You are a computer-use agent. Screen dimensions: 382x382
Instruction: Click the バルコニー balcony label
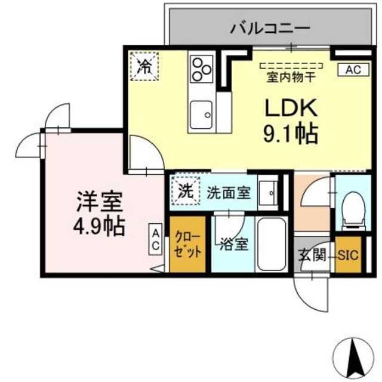click(270, 27)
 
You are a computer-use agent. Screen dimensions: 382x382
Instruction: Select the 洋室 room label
click(99, 203)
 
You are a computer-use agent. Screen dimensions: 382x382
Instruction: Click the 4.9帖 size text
click(99, 227)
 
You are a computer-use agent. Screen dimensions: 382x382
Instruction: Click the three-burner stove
click(202, 69)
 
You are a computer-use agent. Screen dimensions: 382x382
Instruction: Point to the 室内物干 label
click(289, 76)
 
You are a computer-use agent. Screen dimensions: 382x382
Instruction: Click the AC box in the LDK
click(352, 70)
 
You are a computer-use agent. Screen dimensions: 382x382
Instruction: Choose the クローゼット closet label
click(188, 245)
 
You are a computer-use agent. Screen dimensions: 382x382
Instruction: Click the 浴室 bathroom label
click(233, 245)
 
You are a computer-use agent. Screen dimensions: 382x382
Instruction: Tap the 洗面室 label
click(229, 193)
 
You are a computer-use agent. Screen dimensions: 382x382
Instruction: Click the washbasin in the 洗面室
click(270, 192)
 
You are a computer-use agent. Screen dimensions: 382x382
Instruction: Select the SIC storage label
click(349, 255)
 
